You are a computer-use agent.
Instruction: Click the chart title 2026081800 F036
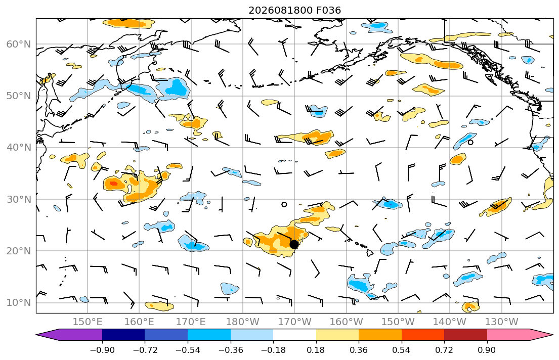[294, 10]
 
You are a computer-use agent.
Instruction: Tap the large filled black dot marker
[294, 244]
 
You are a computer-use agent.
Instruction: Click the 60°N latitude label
[19, 44]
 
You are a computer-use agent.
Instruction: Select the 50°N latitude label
[19, 96]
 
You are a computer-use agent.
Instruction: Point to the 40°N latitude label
[19, 147]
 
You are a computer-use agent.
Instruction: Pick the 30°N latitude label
[19, 199]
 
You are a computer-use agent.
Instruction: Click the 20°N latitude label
[19, 251]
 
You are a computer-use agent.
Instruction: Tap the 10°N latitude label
[19, 303]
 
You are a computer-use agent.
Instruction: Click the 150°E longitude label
[88, 322]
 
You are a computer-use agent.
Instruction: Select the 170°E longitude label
[191, 322]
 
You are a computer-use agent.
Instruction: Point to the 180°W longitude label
[243, 322]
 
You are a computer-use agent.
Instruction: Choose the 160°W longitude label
[347, 322]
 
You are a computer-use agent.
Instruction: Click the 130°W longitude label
[502, 322]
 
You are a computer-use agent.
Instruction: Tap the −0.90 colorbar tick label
[102, 350]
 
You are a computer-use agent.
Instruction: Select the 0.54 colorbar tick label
[402, 350]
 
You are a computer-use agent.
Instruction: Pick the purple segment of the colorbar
[71, 335]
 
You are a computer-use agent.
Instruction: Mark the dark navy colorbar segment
[123, 335]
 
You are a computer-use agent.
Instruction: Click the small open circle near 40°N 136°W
[470, 143]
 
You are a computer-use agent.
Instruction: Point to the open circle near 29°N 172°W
[284, 205]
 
